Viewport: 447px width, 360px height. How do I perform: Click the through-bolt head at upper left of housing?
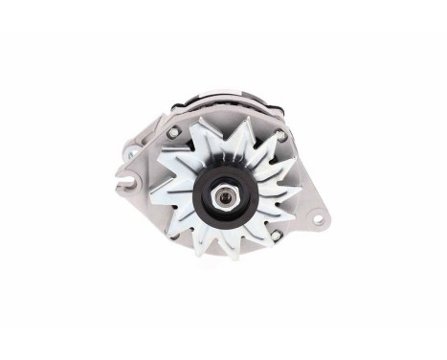[x=173, y=131]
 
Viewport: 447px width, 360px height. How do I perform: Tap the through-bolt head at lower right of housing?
[x=276, y=235]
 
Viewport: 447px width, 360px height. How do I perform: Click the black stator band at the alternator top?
[x=225, y=100]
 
